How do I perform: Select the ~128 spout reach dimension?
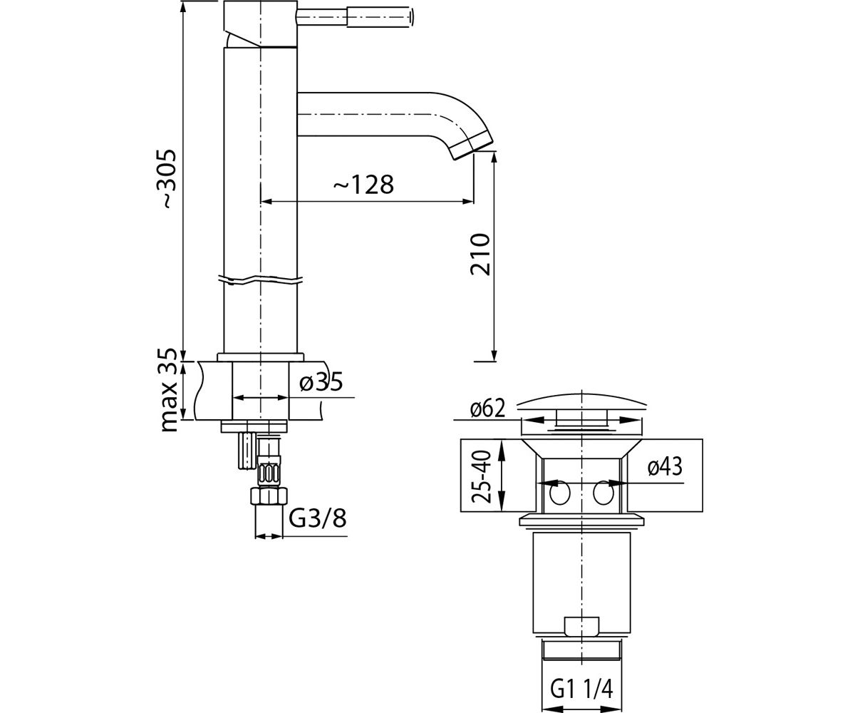point(364,185)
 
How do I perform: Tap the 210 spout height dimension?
point(481,255)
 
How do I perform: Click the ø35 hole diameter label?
point(321,382)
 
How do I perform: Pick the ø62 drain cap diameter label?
point(487,409)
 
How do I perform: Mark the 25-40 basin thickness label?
point(481,476)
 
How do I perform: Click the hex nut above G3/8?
point(269,497)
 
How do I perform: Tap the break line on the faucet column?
point(261,279)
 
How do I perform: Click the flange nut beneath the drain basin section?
point(581,520)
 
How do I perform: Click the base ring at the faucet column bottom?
point(261,356)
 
